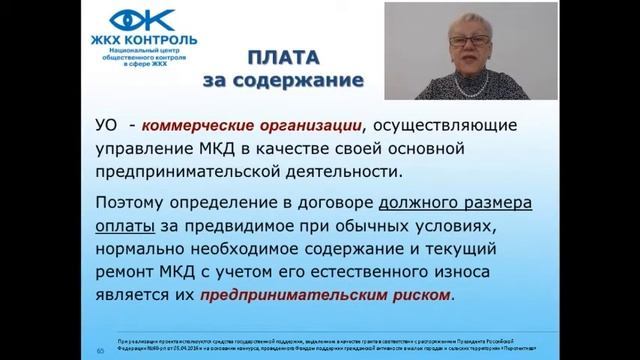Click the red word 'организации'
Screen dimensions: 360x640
click(x=327, y=127)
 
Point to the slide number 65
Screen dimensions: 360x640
click(x=100, y=351)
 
